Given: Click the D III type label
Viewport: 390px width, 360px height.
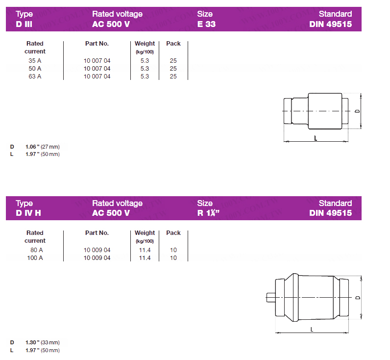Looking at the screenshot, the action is [24, 24].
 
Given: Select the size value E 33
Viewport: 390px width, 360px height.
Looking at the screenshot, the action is [206, 24].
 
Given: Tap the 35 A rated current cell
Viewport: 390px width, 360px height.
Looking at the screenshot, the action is [35, 60].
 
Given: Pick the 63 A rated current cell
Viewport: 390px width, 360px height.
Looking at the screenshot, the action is [35, 77].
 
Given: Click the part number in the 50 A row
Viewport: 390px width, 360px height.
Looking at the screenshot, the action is [97, 69].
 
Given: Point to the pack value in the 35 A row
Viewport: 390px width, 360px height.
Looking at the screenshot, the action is [173, 60].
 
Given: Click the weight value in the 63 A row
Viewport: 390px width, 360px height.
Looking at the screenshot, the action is [145, 77].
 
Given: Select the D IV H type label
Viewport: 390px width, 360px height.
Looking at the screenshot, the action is [28, 213].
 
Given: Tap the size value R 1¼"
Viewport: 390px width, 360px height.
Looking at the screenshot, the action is [208, 213].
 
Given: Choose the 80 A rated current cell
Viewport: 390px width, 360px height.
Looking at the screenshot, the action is [37, 250].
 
